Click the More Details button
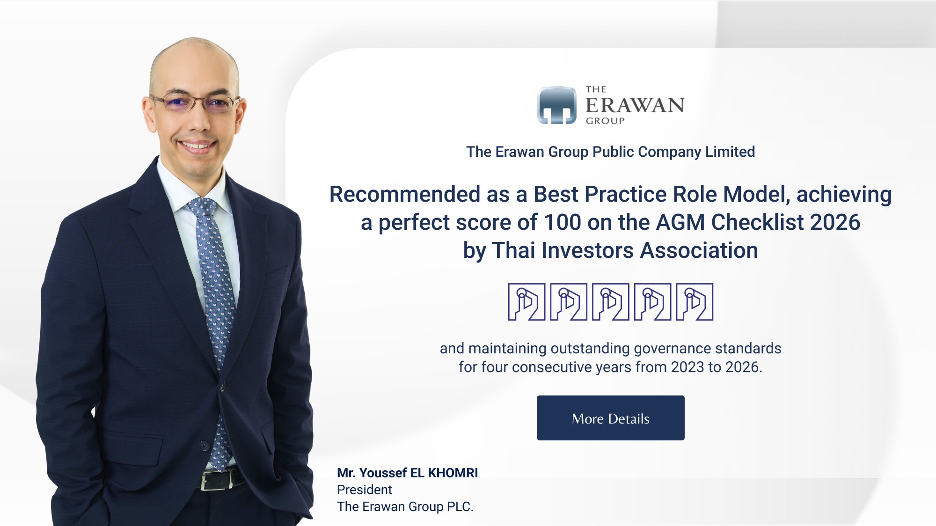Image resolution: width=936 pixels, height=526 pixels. pos(610,418)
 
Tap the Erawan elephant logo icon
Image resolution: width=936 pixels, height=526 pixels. pos(557,105)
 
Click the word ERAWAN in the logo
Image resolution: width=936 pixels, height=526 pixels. pos(635,105)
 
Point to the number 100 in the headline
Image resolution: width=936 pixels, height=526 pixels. pos(563,222)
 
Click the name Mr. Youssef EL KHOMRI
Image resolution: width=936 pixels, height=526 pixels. pos(407,473)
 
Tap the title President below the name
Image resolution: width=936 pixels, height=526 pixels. pos(365,489)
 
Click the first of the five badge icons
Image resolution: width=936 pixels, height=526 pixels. pos(526,302)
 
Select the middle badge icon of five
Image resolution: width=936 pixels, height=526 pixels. pos(610,302)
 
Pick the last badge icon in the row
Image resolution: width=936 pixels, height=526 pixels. pos(695,302)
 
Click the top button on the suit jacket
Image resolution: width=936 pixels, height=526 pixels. pos(223,387)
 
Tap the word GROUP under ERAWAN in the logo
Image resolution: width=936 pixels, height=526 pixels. pos(605,121)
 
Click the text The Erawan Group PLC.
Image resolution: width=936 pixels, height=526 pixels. pos(405,506)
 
